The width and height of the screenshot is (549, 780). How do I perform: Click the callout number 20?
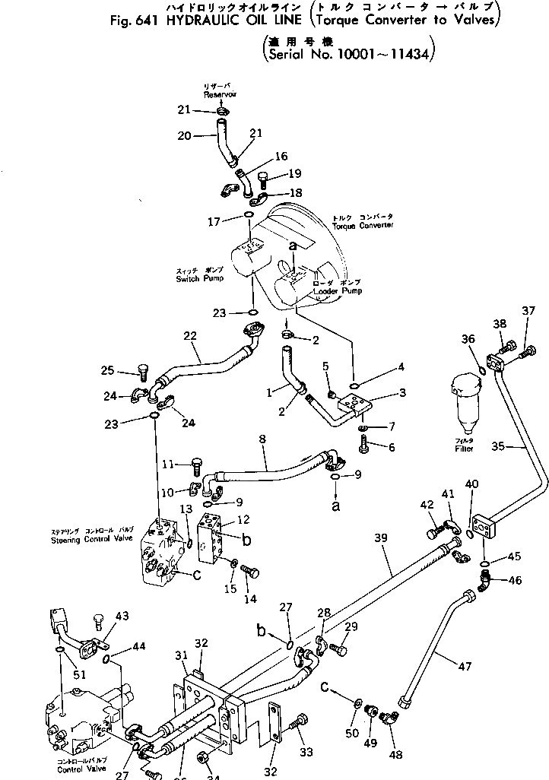tap(183, 136)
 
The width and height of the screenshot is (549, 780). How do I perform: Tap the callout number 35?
tap(519, 448)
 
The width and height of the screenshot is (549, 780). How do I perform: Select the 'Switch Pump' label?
tap(200, 278)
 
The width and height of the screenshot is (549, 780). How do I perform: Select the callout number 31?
tap(180, 656)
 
